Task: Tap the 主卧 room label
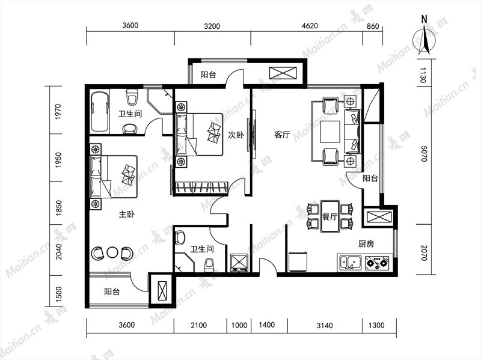pos(127,215)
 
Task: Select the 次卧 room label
pos(236,135)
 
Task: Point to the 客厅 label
pos(282,135)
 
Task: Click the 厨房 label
pos(366,244)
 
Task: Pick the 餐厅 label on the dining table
pos(329,217)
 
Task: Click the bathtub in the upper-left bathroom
pos(100,112)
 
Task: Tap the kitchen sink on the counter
pos(351,263)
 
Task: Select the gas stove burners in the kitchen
pos(378,263)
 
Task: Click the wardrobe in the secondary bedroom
pos(201,188)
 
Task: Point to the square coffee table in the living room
pos(329,132)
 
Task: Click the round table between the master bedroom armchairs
pos(112,252)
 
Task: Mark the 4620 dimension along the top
pos(310,26)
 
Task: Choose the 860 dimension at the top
pos(373,26)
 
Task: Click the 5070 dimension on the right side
pos(424,154)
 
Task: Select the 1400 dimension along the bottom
pos(266,325)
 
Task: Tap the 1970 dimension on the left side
pos(58,112)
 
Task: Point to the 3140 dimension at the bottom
pos(325,325)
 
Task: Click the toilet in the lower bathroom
pos(209,265)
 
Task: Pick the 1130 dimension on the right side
pos(423,75)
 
